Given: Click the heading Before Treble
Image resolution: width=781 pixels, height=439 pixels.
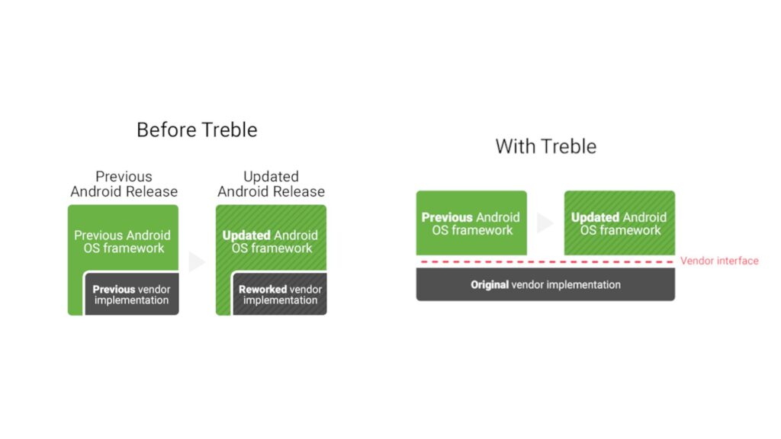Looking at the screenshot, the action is [197, 130].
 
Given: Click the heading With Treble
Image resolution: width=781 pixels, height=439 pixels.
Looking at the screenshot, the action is [546, 146].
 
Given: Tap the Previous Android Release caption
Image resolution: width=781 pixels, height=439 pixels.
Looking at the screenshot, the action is [124, 184].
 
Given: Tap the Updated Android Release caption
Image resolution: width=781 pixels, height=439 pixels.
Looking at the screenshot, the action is [271, 184].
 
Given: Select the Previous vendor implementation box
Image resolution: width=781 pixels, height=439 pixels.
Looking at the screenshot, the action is [131, 293].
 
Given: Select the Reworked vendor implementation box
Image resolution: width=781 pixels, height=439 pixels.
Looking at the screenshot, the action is [279, 293].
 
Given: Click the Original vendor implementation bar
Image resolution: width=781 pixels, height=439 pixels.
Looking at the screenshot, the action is [545, 284].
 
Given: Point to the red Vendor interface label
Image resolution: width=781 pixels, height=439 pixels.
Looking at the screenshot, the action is [719, 261].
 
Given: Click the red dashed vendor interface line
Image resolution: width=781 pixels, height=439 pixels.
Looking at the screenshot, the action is [547, 262].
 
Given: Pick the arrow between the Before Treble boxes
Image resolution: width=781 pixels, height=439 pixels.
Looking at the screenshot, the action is [196, 262].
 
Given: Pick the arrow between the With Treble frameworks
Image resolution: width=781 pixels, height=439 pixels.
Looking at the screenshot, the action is [545, 223].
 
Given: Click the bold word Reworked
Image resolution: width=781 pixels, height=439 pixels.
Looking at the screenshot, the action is [262, 289].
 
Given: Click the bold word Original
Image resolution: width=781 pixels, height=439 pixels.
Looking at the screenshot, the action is [490, 285].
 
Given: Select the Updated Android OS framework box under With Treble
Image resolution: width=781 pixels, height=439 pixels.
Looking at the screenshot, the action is [619, 223].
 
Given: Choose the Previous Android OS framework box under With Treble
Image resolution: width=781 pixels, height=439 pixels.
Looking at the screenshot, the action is [471, 223].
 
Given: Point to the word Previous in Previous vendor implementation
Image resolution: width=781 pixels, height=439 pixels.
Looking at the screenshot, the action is [114, 289].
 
